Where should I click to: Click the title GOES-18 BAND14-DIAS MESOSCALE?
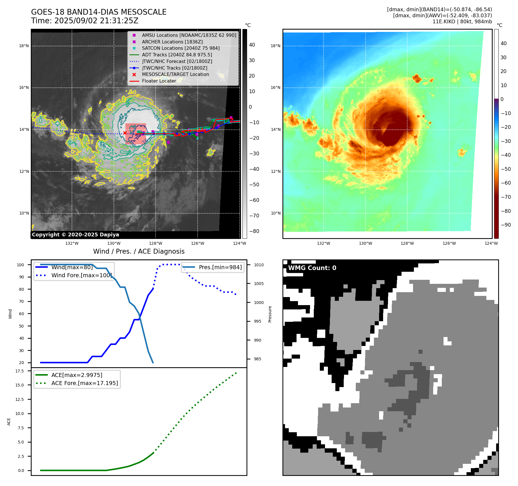point(99,12)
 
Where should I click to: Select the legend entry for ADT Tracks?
point(177,55)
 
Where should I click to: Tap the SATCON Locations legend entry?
point(181,48)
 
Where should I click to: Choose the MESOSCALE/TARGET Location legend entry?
point(175,74)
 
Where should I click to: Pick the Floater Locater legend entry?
point(159,81)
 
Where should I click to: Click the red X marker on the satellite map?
point(125,133)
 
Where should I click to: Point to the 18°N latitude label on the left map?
point(24,46)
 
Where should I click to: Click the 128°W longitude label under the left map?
point(156,243)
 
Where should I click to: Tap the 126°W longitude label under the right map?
point(449,243)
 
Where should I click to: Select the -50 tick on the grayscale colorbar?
point(254,185)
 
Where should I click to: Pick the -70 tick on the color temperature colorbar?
point(506,197)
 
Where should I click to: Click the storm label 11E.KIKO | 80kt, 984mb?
point(462,22)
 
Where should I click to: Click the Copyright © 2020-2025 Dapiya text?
point(75,235)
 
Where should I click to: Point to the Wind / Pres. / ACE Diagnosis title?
point(139,251)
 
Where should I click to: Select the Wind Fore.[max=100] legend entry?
point(81,275)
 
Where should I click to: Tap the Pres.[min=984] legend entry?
point(220,267)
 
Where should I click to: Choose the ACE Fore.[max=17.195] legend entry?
point(85,383)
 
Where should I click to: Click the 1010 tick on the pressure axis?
point(259,265)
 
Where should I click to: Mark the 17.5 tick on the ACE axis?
point(20,371)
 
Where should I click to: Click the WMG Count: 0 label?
point(312,268)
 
